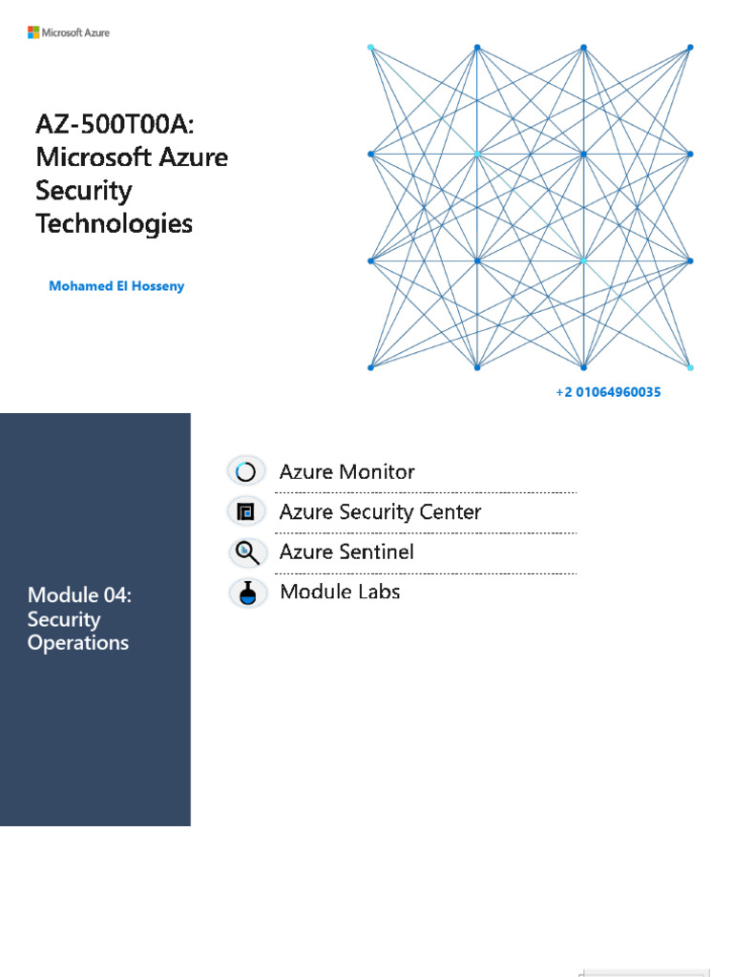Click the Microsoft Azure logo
click(x=69, y=32)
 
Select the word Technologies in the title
click(x=114, y=224)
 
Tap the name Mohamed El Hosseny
click(x=116, y=286)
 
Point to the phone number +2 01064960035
click(x=608, y=392)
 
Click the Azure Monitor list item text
click(x=346, y=471)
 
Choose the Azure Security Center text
click(x=380, y=511)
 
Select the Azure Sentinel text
click(x=346, y=551)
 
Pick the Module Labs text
click(x=340, y=592)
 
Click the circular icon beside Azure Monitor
click(x=246, y=471)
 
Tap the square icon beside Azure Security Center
click(x=246, y=511)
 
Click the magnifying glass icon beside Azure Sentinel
click(x=246, y=551)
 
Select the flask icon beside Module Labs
click(x=248, y=592)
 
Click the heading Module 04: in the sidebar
click(x=79, y=595)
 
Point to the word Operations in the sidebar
click(x=78, y=643)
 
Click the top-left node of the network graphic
click(x=370, y=47)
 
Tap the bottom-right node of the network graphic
click(x=690, y=367)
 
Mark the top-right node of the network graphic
click(x=690, y=47)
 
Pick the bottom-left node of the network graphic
click(x=370, y=367)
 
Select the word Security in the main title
click(x=83, y=191)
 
